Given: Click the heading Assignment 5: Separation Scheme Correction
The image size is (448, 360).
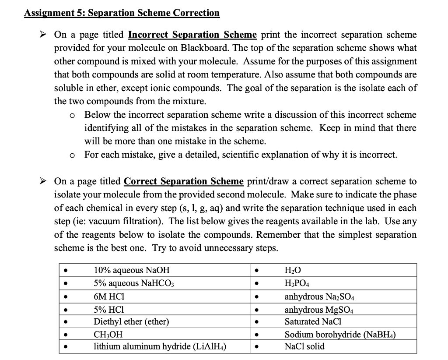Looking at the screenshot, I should pos(122,13).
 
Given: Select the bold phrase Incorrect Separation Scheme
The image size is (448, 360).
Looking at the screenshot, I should pos(192,35).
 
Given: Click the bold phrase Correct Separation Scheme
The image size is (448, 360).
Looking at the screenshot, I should pos(184,181).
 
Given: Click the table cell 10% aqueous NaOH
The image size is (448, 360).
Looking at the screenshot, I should pos(131,270).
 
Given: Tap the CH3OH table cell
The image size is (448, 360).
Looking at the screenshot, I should pos(108,335).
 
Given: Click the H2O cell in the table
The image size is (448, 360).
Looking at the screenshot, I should pos(293,270).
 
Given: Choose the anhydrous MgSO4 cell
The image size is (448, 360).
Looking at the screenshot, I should pos(312,309).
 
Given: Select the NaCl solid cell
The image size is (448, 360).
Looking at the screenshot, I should pos(304,346).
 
